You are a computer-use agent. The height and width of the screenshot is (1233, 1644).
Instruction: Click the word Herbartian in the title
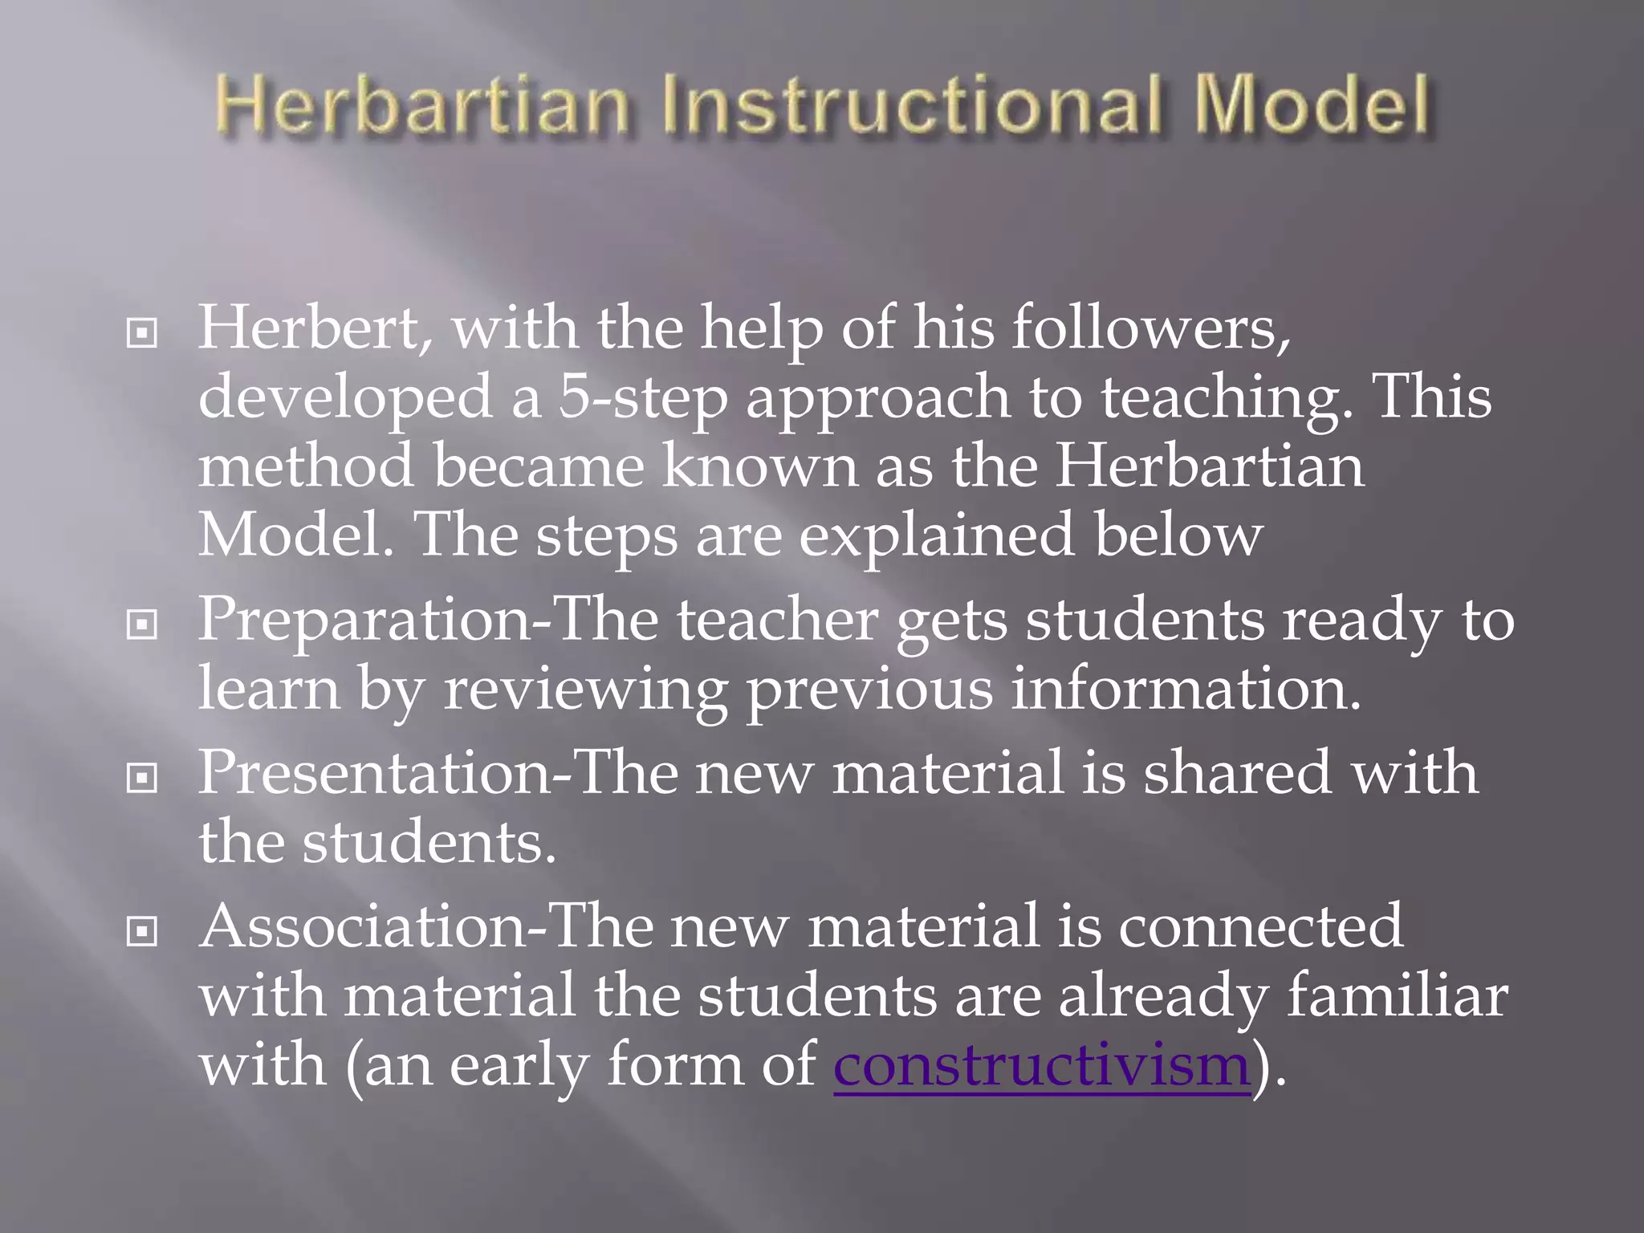pos(422,107)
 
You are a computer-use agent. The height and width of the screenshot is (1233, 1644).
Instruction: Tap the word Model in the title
pos(1311,107)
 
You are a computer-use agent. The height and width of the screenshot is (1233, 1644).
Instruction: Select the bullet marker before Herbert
pos(142,333)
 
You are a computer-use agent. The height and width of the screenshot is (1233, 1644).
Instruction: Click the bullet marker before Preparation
pos(142,624)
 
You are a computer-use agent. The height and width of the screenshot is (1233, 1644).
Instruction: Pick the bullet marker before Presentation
pos(142,777)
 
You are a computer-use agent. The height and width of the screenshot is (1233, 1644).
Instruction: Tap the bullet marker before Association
pos(142,931)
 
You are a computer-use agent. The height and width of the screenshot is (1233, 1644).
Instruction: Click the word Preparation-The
pos(428,620)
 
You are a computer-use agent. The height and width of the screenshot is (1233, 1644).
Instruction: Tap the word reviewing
pos(585,690)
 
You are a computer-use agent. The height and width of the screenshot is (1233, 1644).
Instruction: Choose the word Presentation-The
pos(437,772)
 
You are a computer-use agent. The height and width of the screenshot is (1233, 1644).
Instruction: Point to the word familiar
pos(1397,996)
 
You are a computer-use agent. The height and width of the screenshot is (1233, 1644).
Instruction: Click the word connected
pos(1260,926)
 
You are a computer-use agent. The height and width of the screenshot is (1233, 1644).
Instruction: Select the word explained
pos(936,535)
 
